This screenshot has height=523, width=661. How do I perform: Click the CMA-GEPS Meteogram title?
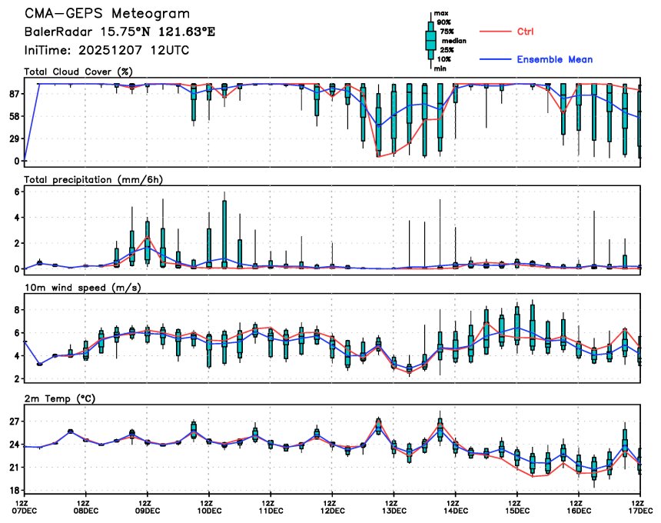click(x=107, y=15)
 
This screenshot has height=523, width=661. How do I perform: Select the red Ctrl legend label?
click(x=526, y=32)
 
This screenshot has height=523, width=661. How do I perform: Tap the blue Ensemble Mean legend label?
click(x=554, y=59)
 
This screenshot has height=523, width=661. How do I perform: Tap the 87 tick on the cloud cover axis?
click(x=13, y=94)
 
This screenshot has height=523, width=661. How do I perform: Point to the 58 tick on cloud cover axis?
click(x=13, y=116)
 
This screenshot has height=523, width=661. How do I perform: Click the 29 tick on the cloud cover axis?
click(x=13, y=139)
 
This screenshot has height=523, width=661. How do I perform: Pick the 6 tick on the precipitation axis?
click(x=15, y=192)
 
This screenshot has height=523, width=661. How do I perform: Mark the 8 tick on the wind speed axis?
click(x=15, y=310)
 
